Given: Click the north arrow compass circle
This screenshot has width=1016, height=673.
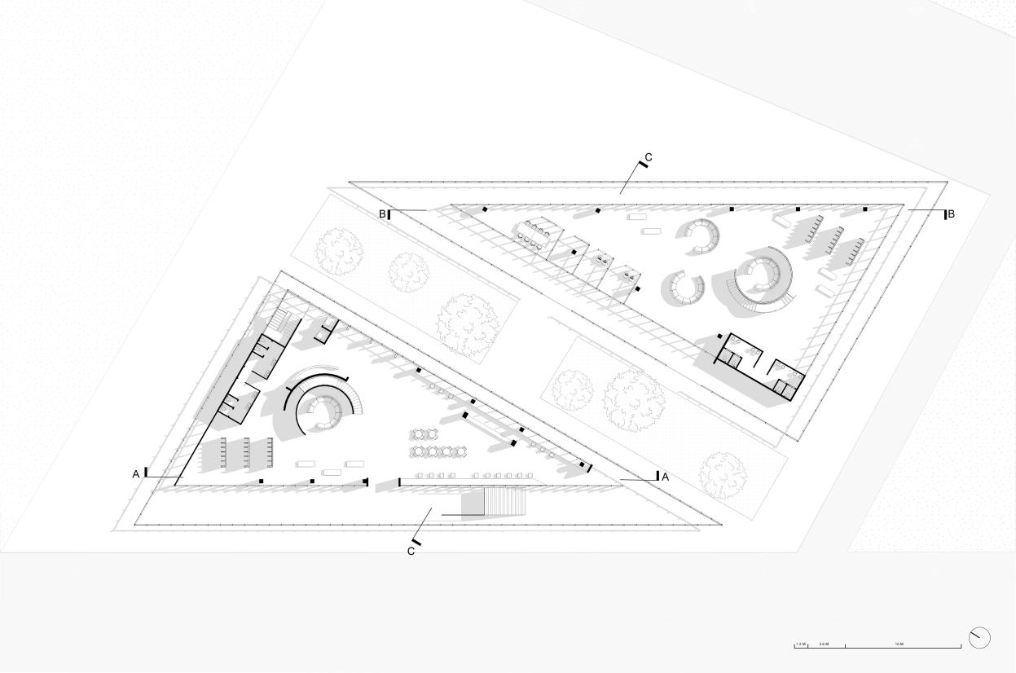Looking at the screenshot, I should pyautogui.click(x=979, y=638).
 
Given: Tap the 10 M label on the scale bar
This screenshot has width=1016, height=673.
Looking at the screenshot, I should pyautogui.click(x=899, y=644).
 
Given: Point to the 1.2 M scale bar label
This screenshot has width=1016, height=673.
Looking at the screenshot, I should pyautogui.click(x=801, y=644).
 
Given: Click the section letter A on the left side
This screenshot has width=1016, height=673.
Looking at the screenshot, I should pyautogui.click(x=136, y=473).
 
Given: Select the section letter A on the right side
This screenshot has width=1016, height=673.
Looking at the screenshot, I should pyautogui.click(x=665, y=477).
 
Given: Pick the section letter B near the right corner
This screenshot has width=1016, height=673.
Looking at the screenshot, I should pyautogui.click(x=950, y=214).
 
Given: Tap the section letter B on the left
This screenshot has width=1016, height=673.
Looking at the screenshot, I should pyautogui.click(x=381, y=214).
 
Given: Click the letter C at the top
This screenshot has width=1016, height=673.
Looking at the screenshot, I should pyautogui.click(x=649, y=157).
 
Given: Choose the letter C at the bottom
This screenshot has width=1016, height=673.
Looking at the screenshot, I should pyautogui.click(x=411, y=551).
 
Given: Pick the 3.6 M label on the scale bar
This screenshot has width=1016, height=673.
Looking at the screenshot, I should pyautogui.click(x=824, y=644).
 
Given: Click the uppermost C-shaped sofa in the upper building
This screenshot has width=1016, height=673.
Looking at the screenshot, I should pyautogui.click(x=700, y=235).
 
